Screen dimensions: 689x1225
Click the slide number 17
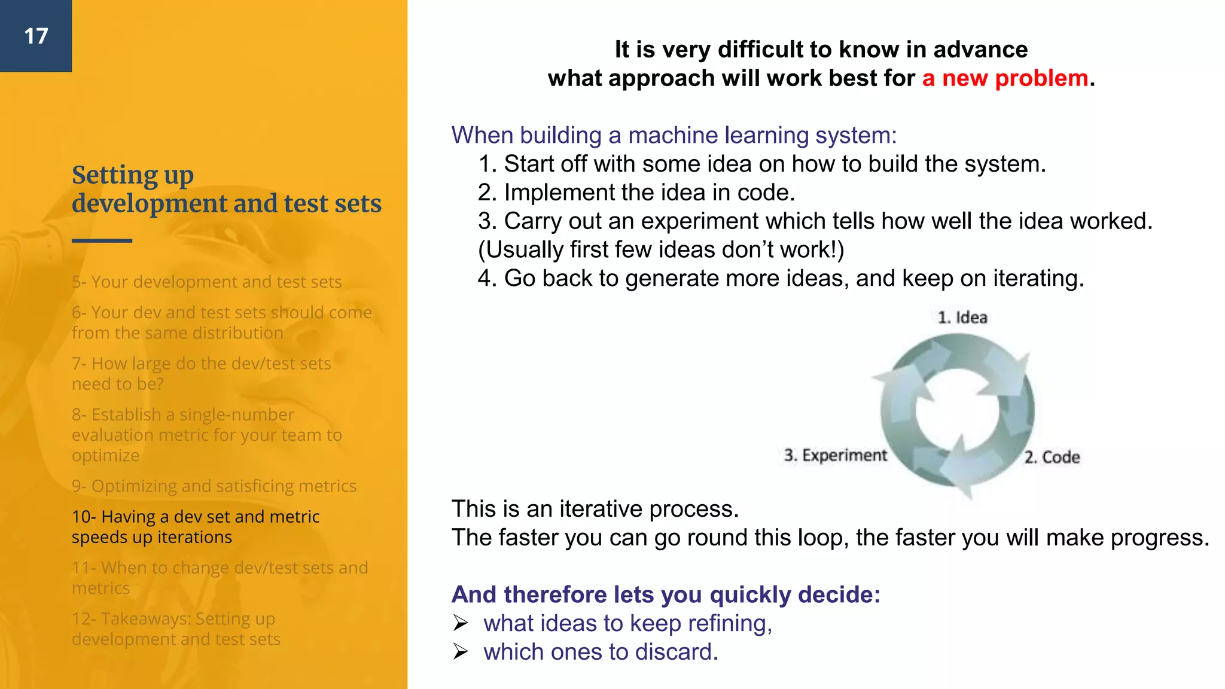pos(36,36)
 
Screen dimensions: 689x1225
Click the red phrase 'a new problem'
pos(1005,78)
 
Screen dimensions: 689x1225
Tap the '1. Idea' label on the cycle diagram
pos(962,318)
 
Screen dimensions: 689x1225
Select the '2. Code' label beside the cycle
pos(1052,458)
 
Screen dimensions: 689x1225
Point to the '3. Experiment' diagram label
pos(835,456)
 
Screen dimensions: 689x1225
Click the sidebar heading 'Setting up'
pos(133,175)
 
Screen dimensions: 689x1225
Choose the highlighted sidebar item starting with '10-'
pos(195,527)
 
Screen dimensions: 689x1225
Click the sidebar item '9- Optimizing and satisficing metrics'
pos(214,486)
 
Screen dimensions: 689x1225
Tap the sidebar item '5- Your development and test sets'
pos(206,282)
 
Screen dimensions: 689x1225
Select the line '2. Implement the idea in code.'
pos(636,193)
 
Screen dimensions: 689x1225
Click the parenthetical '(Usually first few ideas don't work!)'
pos(661,250)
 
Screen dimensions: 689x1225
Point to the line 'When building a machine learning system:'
pos(674,135)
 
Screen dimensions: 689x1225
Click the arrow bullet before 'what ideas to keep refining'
pos(460,623)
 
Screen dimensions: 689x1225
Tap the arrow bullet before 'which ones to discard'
pos(460,652)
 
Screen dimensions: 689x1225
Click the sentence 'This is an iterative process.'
pos(595,509)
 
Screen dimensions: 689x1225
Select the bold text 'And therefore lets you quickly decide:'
pos(666,595)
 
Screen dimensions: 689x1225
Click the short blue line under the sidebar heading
pos(102,240)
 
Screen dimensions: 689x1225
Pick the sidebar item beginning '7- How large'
pos(201,374)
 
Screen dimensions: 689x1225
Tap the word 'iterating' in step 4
pos(1037,279)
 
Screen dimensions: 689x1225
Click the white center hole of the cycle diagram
pos(957,410)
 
